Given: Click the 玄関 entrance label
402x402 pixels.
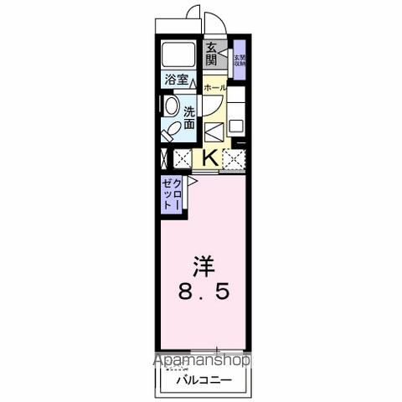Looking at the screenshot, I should pos(211,55).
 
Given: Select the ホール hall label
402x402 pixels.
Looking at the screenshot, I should pos(212,86).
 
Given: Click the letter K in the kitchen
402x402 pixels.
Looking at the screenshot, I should pos(209,157).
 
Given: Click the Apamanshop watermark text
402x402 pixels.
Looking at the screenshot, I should pos(200,362).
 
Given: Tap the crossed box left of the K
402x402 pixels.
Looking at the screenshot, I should pos(183,157).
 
